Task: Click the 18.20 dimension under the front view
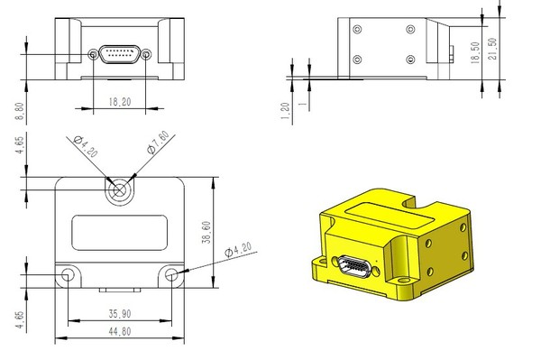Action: pos(120,102)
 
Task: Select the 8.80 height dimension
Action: pos(20,111)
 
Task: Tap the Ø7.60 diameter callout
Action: pos(158,142)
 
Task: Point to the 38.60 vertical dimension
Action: pos(206,232)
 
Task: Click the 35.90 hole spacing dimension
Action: pos(120,314)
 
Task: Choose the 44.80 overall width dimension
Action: pos(120,332)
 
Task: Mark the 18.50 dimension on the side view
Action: pos(475,52)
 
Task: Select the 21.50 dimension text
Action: pos(492,49)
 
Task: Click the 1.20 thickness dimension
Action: pos(285,111)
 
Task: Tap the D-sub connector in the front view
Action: pos(120,54)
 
